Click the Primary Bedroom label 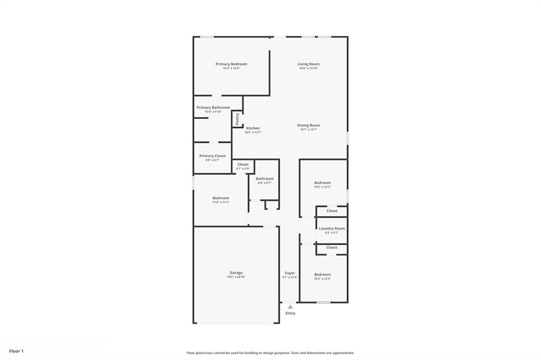click(x=231, y=64)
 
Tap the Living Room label click(x=308, y=64)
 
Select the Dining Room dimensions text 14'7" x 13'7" click(x=308, y=129)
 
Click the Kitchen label click(x=253, y=128)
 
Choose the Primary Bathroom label click(x=213, y=107)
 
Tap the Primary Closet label click(x=212, y=156)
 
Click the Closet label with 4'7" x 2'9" click(x=242, y=164)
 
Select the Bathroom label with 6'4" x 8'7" click(x=265, y=178)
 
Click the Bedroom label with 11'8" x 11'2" click(x=221, y=198)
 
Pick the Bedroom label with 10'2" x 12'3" click(x=322, y=183)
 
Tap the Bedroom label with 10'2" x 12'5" click(x=322, y=274)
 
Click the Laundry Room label click(x=332, y=229)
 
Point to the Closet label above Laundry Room click(x=332, y=211)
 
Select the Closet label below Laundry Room click(x=332, y=247)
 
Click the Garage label click(x=236, y=273)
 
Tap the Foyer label click(x=290, y=273)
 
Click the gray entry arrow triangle click(x=290, y=307)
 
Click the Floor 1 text click(x=16, y=350)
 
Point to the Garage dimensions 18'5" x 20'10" click(x=236, y=277)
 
